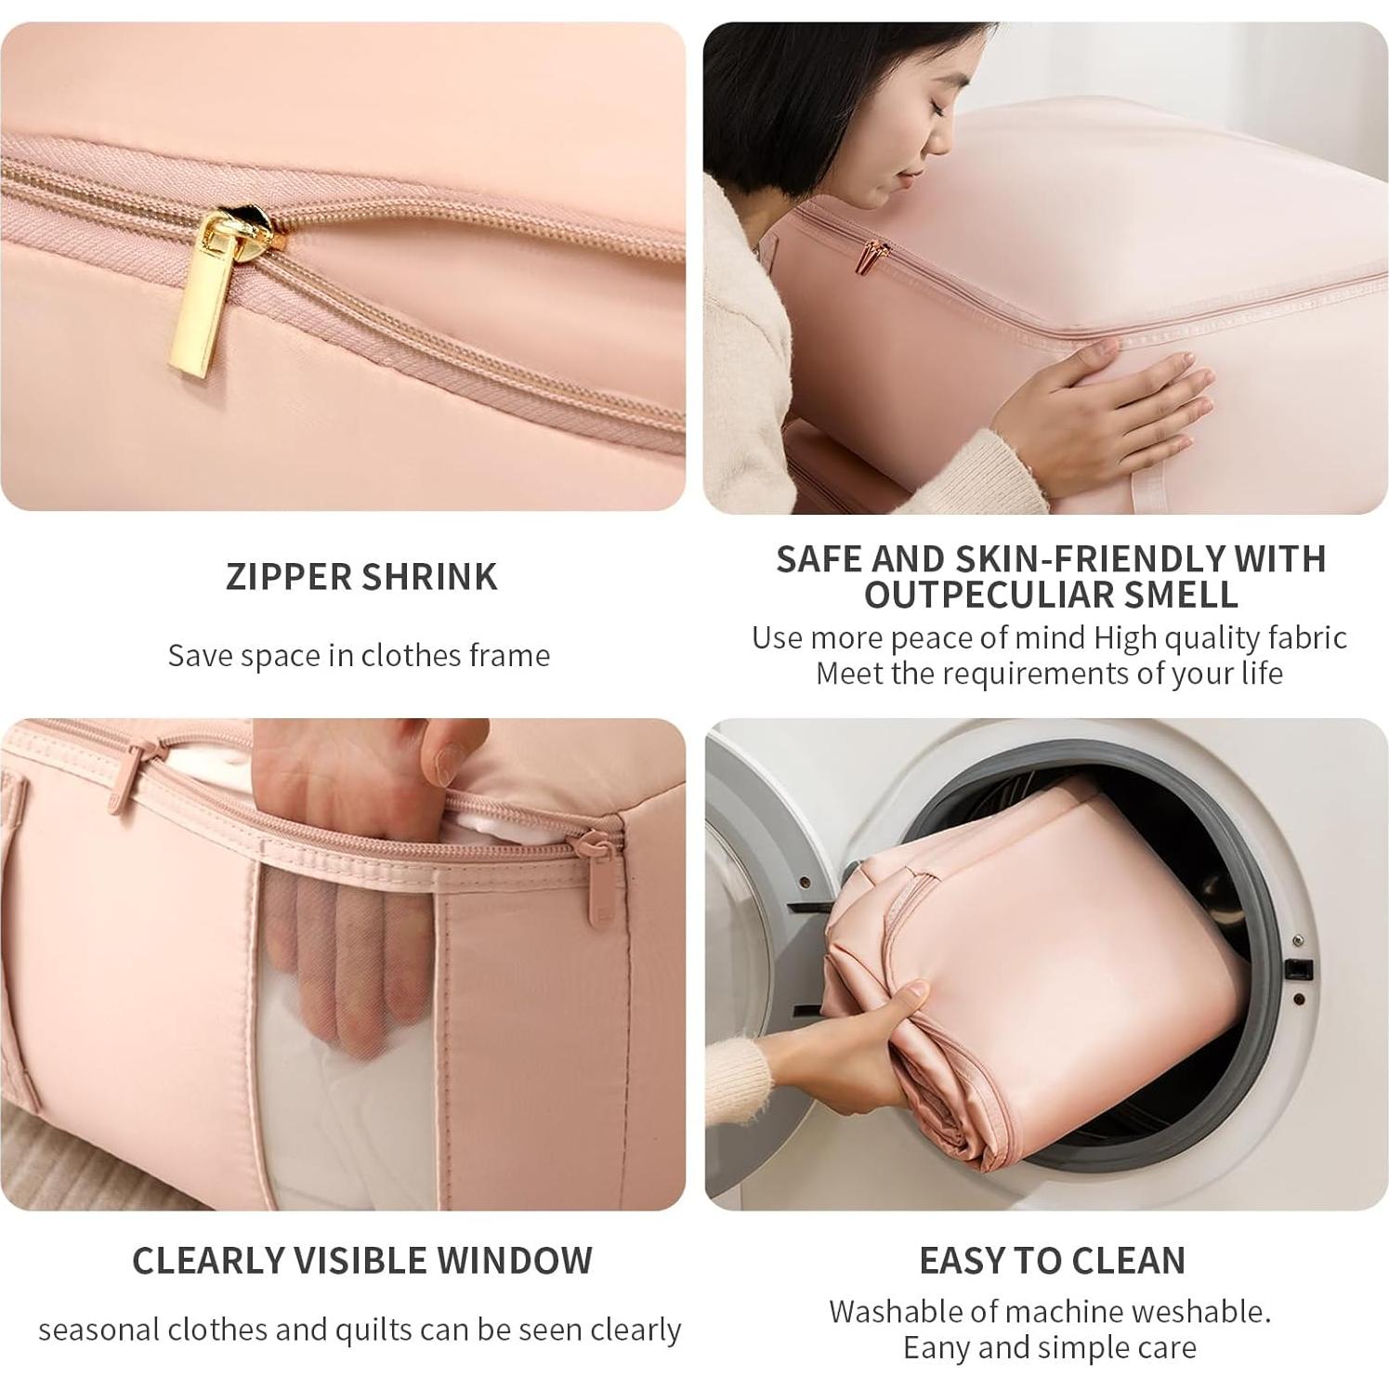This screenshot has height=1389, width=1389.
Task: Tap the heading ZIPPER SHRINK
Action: (x=361, y=577)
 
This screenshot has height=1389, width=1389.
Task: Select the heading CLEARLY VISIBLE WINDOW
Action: (x=361, y=1261)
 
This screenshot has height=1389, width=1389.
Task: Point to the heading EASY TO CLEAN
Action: (x=1052, y=1261)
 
